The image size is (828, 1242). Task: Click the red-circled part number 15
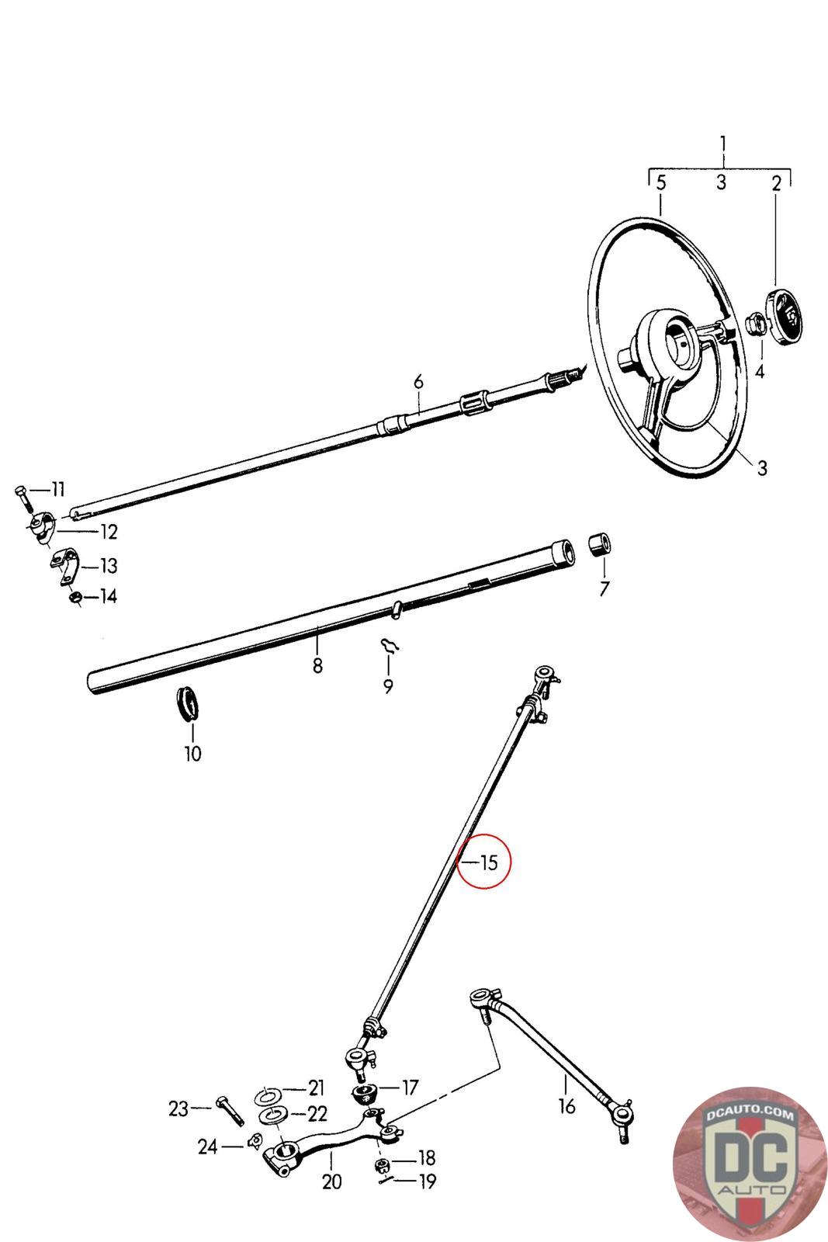tap(488, 862)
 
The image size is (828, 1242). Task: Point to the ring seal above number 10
tap(187, 703)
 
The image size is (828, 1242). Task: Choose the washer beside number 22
tap(272, 1115)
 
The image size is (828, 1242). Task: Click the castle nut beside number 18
tap(382, 1164)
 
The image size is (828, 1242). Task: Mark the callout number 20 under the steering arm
tap(331, 1181)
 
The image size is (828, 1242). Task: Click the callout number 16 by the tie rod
tap(567, 1105)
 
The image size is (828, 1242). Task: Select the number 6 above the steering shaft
tap(418, 382)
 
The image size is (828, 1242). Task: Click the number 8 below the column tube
tap(317, 665)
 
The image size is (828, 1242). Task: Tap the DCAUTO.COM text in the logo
tap(750, 1115)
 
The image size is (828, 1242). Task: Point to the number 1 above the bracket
tap(723, 144)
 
